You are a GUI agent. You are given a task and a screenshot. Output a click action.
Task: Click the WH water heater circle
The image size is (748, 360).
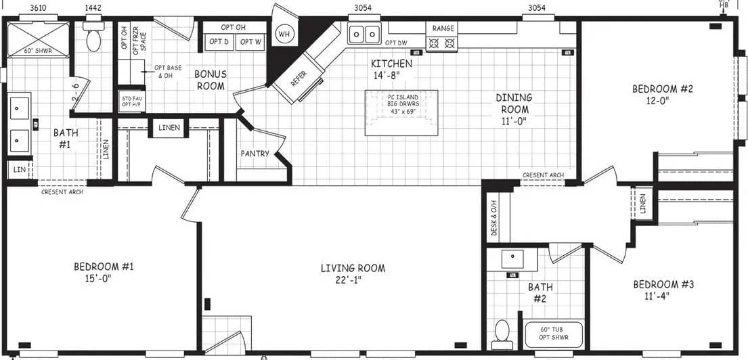tap(284, 33)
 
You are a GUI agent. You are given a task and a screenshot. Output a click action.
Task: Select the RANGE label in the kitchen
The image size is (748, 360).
tap(443, 28)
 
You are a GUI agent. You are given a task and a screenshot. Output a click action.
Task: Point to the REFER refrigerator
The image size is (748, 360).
tap(299, 78)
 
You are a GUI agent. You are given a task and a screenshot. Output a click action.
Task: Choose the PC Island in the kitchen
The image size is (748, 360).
tap(401, 112)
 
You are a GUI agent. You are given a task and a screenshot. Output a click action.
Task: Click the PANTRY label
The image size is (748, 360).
tap(255, 154)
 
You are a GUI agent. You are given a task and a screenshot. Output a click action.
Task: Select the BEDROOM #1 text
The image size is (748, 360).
tap(104, 267)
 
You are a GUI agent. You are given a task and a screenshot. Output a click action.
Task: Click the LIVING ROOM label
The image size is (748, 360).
tap(353, 269)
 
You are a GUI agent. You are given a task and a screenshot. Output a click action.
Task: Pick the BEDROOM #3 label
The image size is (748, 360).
tap(663, 284)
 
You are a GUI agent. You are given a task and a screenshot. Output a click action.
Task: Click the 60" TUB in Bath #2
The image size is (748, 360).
tap(553, 333)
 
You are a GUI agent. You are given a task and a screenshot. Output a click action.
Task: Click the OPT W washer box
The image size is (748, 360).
tap(250, 42)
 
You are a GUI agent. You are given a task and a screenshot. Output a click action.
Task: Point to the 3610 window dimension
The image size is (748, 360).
tap(39, 8)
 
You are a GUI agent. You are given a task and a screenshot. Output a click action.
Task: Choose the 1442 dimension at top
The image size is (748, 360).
tap(93, 8)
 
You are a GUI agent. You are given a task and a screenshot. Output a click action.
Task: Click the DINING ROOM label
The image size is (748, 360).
tap(514, 104)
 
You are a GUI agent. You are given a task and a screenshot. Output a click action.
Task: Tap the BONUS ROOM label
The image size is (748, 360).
tap(211, 80)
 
